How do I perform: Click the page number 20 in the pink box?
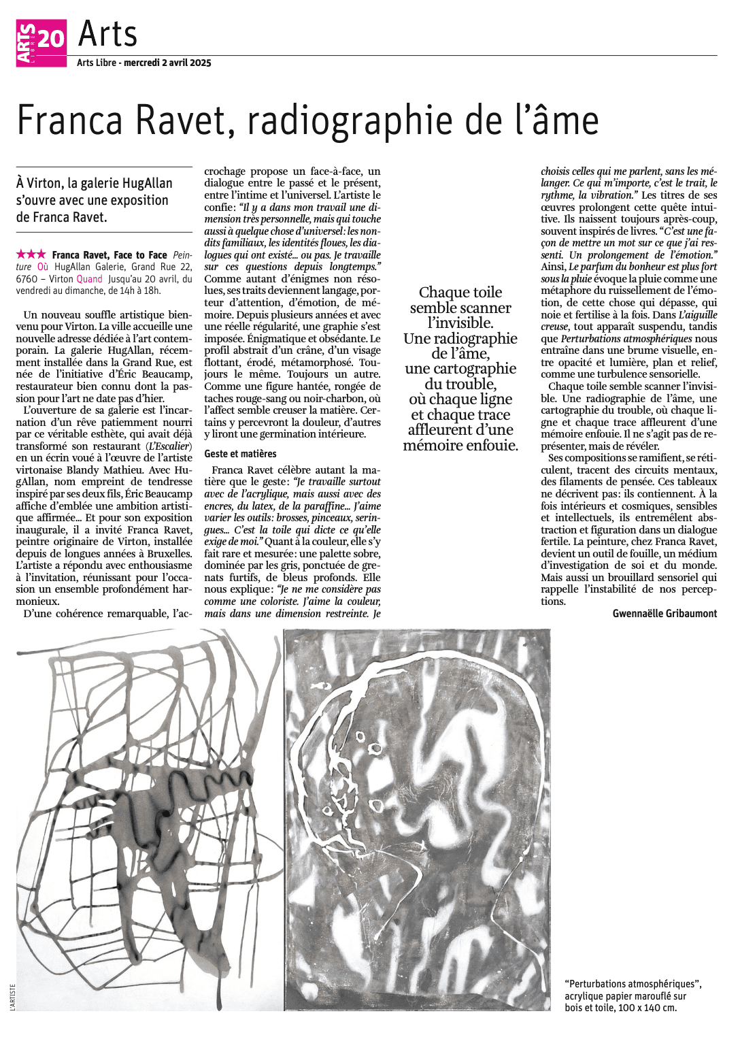[51, 38]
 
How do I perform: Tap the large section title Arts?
[107, 34]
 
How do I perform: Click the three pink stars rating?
[31, 254]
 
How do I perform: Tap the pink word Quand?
[89, 279]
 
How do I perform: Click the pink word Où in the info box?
[43, 267]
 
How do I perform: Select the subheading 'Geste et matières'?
[240, 453]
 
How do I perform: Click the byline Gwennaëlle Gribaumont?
[665, 614]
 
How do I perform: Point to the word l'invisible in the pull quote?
[460, 323]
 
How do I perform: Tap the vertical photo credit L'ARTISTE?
[12, 996]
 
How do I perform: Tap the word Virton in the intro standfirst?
[48, 183]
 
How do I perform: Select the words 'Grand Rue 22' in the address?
[162, 267]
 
